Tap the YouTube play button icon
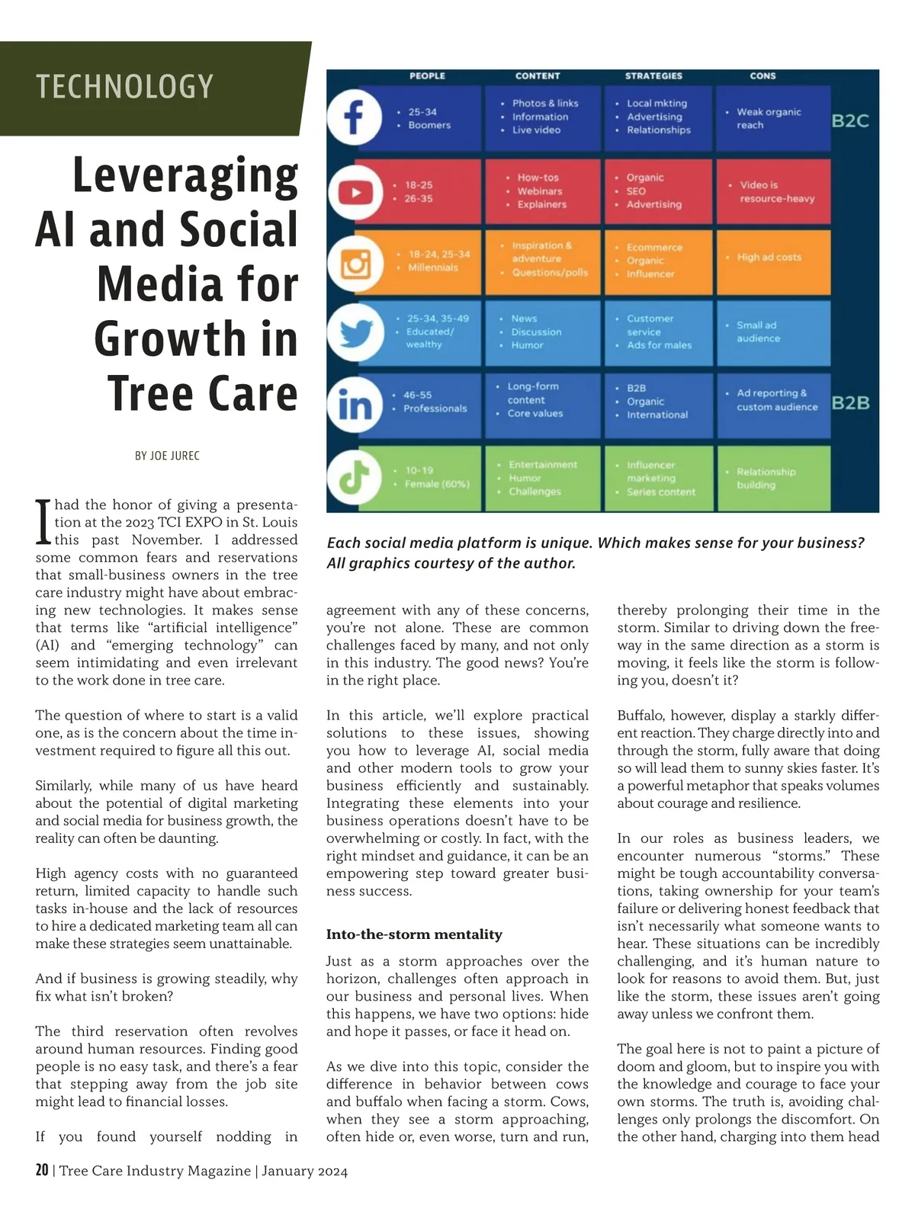pyautogui.click(x=355, y=192)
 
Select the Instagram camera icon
pyautogui.click(x=355, y=264)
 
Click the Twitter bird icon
pyautogui.click(x=355, y=332)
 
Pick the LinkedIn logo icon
pyautogui.click(x=355, y=406)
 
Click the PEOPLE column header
pyautogui.click(x=427, y=76)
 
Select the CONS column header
pyautogui.click(x=762, y=76)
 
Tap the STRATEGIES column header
pyautogui.click(x=653, y=76)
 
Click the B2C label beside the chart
pyautogui.click(x=850, y=120)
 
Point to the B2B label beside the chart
pyautogui.click(x=850, y=402)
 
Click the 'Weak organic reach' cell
pyautogui.click(x=772, y=118)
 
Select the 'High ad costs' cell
pyautogui.click(x=772, y=258)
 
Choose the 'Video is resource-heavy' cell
pyautogui.click(x=773, y=191)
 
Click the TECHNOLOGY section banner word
pyautogui.click(x=124, y=87)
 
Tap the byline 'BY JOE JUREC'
pyautogui.click(x=167, y=456)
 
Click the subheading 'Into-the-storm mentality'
pyautogui.click(x=414, y=934)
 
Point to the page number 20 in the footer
pyautogui.click(x=42, y=1171)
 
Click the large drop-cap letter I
pyautogui.click(x=43, y=522)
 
